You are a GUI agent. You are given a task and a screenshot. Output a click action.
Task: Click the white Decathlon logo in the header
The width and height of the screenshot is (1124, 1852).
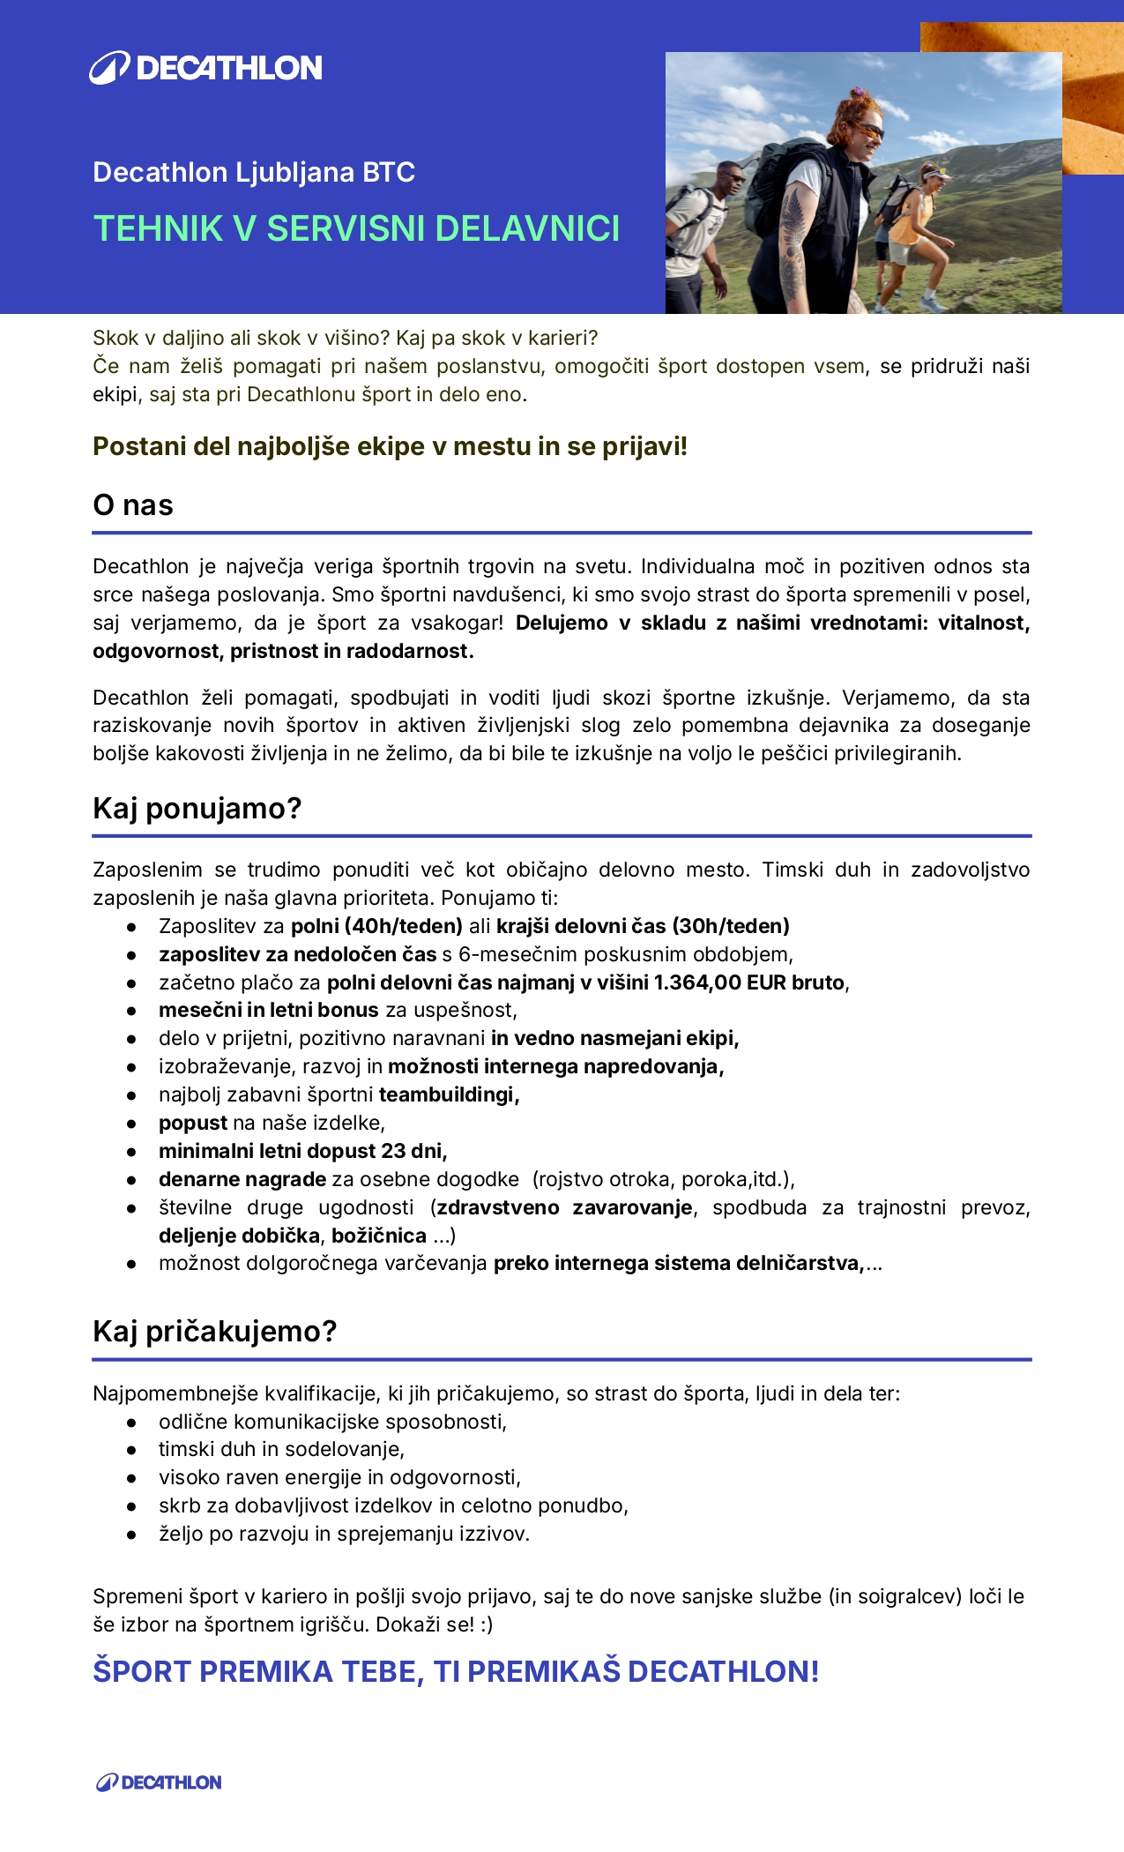[x=206, y=68]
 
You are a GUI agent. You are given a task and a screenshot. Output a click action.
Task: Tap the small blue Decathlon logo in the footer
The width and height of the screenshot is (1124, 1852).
[x=159, y=1782]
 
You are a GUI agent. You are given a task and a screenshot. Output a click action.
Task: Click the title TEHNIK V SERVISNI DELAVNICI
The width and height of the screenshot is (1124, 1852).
[x=356, y=228]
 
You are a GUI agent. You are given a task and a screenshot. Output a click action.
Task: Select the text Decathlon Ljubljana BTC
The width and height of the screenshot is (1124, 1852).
[x=254, y=172]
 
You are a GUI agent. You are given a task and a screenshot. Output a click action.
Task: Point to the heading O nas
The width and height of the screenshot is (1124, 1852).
[x=133, y=505]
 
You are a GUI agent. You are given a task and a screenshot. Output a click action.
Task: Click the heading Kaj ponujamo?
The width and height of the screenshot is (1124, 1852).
[x=197, y=808]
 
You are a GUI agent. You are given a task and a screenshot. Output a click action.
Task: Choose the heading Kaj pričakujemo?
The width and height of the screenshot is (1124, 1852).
[x=215, y=1331]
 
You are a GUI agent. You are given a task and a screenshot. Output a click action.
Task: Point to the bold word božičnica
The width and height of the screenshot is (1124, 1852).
[x=379, y=1236]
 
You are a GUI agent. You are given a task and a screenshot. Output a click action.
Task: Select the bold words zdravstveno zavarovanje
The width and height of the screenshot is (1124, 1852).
[x=564, y=1207]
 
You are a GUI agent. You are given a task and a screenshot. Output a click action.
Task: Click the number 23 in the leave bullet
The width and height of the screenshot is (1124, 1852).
[x=393, y=1151]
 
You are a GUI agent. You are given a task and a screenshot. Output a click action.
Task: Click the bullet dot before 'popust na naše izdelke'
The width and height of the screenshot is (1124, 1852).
[x=131, y=1124]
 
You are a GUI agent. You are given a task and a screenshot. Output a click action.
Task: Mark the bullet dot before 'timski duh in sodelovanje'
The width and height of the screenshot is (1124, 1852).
[x=131, y=1450]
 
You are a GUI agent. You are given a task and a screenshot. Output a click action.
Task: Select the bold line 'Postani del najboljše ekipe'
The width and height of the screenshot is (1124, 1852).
[x=390, y=446]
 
